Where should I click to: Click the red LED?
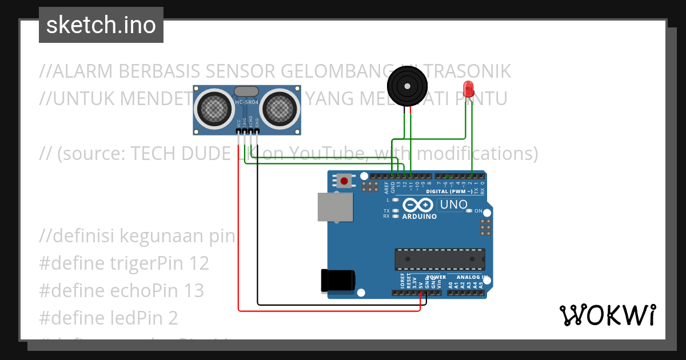(468, 89)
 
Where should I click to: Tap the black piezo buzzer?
(408, 86)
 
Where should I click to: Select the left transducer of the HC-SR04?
(214, 107)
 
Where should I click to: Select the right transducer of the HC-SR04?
(280, 107)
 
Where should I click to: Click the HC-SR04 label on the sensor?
(247, 103)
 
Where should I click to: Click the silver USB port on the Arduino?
(336, 206)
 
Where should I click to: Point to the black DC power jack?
(338, 279)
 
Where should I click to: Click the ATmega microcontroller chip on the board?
(440, 259)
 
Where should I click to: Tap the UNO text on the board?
(453, 205)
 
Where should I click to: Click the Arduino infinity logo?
(418, 205)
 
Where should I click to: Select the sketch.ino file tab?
(101, 25)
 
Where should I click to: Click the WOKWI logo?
(607, 315)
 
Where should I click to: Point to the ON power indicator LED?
(469, 211)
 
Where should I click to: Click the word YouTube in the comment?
(328, 154)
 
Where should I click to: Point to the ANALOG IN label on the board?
(471, 277)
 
